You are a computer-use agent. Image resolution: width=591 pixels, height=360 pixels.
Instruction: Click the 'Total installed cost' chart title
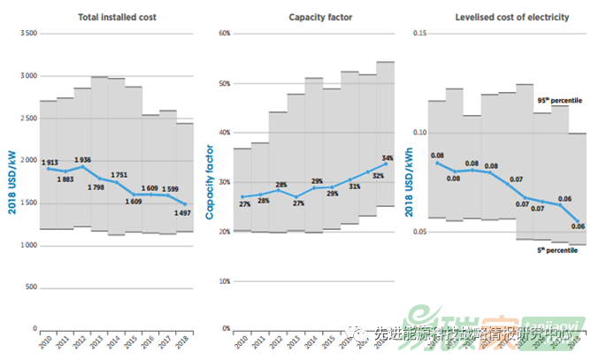[111, 17]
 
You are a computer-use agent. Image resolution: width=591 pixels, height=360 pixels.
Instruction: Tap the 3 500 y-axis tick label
[27, 34]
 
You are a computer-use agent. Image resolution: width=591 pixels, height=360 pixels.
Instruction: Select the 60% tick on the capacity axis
[223, 34]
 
